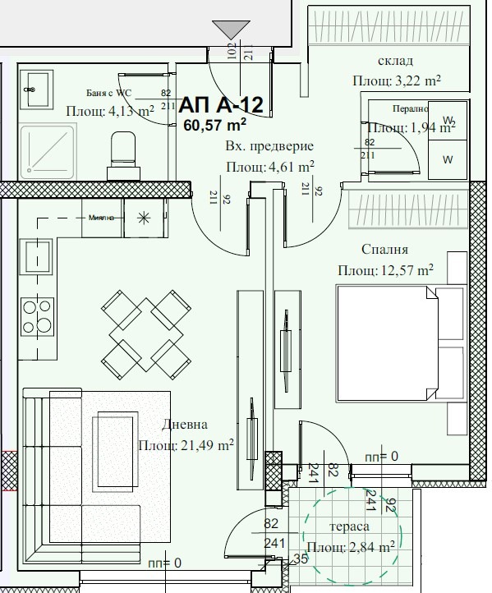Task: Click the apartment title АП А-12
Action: [x=220, y=104]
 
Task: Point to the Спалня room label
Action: [x=384, y=249]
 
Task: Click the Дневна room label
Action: [x=185, y=425]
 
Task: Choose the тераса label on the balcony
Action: [x=348, y=526]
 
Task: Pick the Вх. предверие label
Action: [x=269, y=146]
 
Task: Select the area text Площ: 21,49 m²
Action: [x=186, y=445]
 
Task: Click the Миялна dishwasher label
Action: [x=105, y=218]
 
